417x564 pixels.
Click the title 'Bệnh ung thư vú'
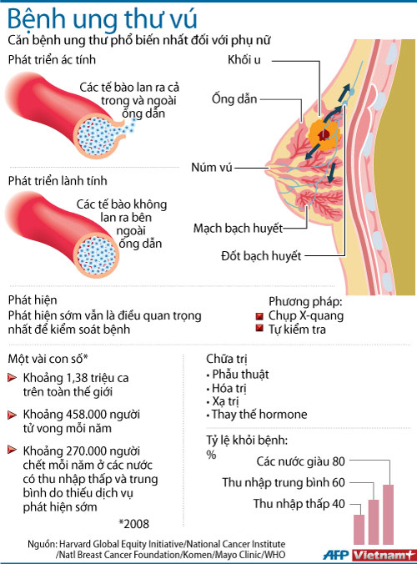click(x=102, y=19)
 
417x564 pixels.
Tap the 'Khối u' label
click(x=244, y=60)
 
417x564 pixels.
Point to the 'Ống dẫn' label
click(x=234, y=98)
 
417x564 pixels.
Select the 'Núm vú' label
click(x=212, y=167)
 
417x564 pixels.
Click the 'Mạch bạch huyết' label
click(x=238, y=228)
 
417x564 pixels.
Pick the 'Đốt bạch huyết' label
click(x=261, y=256)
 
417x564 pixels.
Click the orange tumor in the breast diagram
click(x=324, y=135)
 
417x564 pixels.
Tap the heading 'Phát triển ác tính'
click(x=52, y=60)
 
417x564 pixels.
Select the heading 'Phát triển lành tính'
click(x=58, y=180)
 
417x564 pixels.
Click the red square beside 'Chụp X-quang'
click(x=259, y=316)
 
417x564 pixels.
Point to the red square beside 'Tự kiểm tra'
click(x=259, y=329)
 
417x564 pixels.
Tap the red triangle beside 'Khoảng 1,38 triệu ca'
click(x=13, y=378)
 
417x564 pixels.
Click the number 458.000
click(x=86, y=415)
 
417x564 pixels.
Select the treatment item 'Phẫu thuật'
click(x=240, y=374)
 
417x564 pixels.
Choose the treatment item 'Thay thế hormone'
click(x=259, y=415)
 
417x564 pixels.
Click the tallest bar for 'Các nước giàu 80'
click(x=389, y=515)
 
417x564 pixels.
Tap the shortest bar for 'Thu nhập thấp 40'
click(x=359, y=530)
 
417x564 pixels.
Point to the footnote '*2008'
click(x=133, y=524)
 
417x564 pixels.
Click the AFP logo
click(x=336, y=555)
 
